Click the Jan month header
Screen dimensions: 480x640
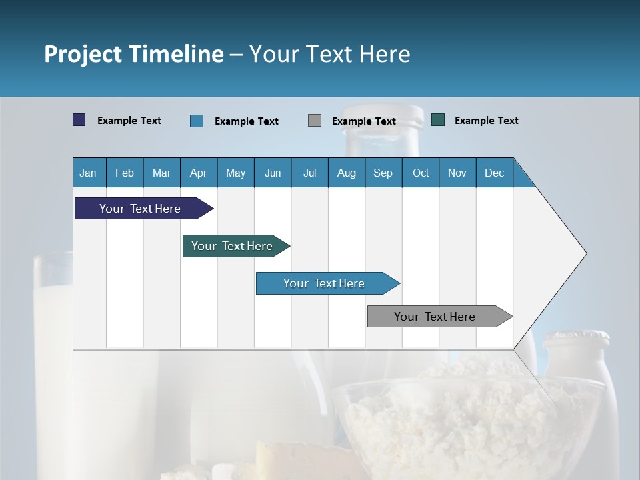[x=88, y=173]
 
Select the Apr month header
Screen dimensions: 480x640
[x=198, y=173]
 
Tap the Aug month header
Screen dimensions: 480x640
[x=346, y=173]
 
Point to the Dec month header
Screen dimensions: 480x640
[x=494, y=173]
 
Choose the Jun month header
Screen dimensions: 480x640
[x=273, y=173]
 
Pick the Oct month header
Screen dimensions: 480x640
[x=420, y=173]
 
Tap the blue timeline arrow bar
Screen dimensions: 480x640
[x=325, y=283]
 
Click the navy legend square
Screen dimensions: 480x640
[x=79, y=120]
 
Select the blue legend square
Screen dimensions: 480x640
[x=197, y=121]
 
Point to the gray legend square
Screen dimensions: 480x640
[x=315, y=121]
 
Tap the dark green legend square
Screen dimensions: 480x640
[x=438, y=120]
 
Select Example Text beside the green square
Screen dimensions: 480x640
[x=486, y=121]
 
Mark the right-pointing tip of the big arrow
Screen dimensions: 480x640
[x=585, y=253]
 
